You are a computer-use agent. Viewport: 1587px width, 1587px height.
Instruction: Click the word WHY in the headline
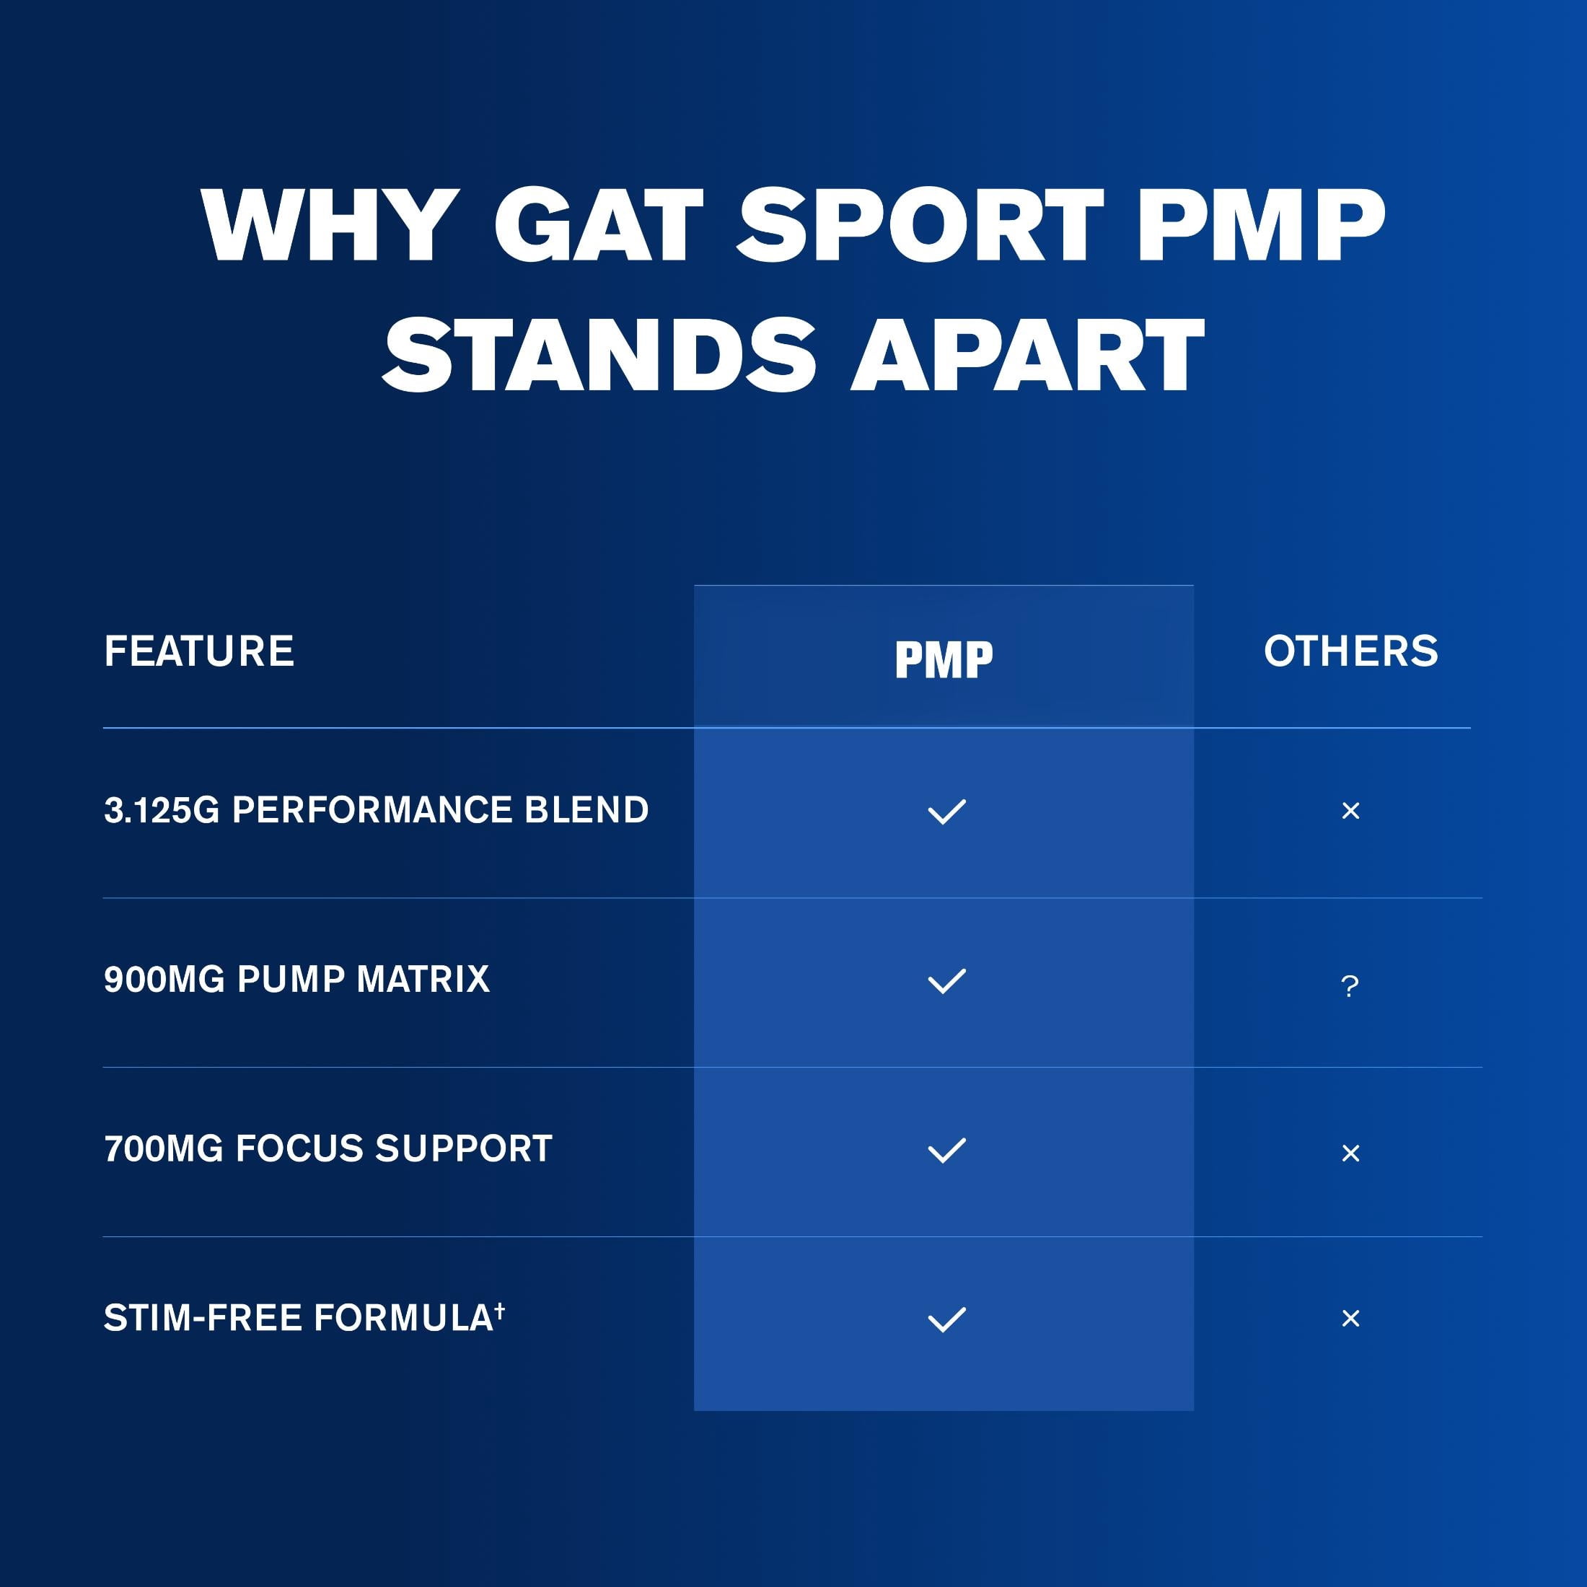328,225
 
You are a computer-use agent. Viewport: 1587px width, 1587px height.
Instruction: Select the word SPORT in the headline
920,225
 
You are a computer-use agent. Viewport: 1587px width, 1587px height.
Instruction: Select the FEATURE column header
199,651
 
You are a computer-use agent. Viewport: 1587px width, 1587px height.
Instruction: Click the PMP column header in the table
944,659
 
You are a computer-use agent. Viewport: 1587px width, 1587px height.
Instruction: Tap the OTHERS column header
1350,651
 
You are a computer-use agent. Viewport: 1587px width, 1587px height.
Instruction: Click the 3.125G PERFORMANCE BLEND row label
377,810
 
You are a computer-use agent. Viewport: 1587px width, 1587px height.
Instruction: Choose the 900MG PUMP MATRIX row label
296,979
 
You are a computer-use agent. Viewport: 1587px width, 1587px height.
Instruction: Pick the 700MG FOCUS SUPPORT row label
327,1148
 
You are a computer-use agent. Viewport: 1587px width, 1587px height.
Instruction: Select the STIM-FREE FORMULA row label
304,1318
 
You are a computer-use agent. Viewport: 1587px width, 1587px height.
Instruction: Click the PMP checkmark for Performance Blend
946,812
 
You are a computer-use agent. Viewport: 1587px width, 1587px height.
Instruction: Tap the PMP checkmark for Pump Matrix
946,982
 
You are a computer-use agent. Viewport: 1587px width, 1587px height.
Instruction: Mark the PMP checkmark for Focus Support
946,1151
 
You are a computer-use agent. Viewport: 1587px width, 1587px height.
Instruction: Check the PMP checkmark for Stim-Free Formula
946,1320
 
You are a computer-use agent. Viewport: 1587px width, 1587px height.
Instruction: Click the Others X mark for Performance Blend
1350,811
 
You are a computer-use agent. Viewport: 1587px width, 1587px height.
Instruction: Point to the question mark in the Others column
1350,985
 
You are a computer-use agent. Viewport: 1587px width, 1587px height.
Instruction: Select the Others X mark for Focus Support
1350,1153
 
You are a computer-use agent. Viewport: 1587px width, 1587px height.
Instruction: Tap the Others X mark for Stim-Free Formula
1350,1319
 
